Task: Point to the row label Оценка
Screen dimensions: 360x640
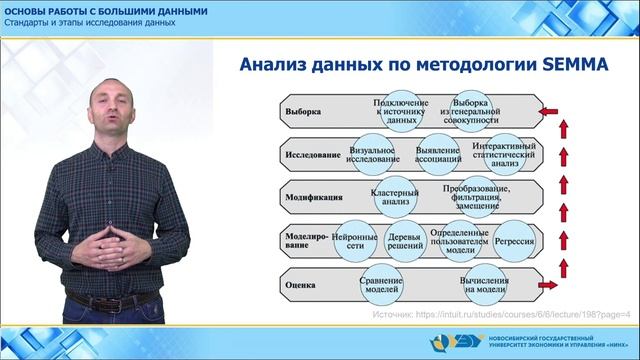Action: coord(301,284)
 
